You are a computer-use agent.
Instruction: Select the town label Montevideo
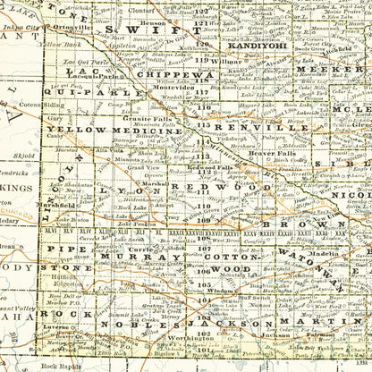click(165, 90)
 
